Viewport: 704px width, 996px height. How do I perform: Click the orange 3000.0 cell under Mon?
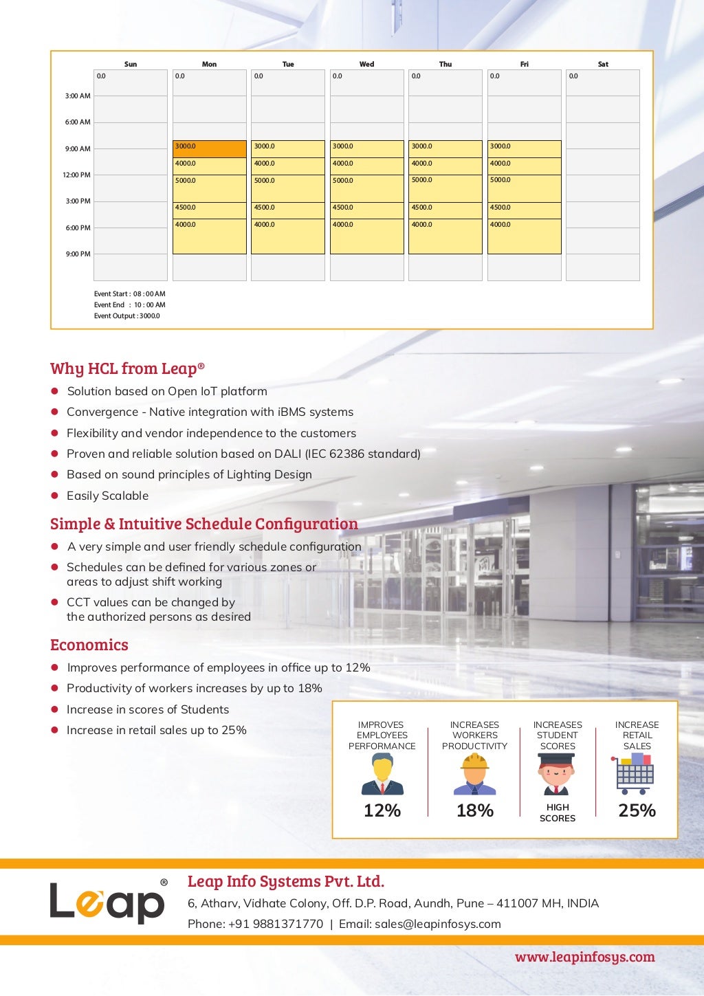[209, 148]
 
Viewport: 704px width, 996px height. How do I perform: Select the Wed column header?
[366, 64]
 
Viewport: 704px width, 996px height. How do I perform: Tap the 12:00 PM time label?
[76, 175]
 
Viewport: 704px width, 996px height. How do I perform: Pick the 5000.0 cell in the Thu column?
[445, 188]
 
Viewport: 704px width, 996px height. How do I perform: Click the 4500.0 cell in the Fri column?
[524, 210]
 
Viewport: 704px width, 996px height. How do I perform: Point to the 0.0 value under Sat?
[573, 76]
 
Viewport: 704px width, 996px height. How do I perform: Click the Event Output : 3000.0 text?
[126, 316]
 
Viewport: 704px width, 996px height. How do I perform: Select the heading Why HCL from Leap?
[127, 368]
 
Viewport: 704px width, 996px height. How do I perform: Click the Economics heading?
[89, 645]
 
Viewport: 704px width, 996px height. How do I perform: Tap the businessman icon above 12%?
[382, 775]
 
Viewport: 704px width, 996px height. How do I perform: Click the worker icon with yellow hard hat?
[474, 775]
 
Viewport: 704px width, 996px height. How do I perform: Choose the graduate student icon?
[557, 775]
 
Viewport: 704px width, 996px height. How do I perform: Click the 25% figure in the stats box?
[637, 810]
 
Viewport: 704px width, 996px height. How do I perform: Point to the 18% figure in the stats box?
[475, 810]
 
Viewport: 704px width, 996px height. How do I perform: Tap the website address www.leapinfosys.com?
[584, 957]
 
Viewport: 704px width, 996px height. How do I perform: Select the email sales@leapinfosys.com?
[437, 924]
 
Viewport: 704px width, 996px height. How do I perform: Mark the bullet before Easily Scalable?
[54, 496]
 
